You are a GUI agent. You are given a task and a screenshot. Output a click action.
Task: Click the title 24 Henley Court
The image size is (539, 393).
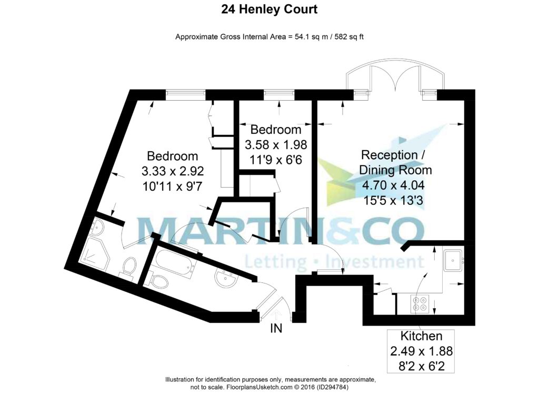269,9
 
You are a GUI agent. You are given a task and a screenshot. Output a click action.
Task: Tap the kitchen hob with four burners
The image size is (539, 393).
420,303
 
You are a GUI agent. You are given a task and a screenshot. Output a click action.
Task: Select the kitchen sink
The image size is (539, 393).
453,261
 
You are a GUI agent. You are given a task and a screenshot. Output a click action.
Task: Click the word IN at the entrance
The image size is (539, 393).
276,329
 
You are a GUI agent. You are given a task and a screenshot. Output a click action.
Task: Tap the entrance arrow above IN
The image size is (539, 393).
276,315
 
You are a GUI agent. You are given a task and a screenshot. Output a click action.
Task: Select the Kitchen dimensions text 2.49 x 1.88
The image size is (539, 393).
421,351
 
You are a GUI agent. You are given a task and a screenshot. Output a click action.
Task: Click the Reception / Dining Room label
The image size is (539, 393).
395,162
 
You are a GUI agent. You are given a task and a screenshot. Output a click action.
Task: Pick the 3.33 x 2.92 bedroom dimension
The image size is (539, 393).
173,171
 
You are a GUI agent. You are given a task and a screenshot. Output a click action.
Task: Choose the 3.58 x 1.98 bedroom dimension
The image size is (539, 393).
276,144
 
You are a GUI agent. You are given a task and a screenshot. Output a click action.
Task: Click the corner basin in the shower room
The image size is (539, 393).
96,227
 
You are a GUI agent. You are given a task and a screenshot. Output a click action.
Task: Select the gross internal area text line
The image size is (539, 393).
269,37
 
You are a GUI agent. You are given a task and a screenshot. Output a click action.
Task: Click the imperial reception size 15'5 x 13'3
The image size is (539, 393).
393,200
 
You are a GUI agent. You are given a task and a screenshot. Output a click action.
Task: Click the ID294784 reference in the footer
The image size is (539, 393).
333,387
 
